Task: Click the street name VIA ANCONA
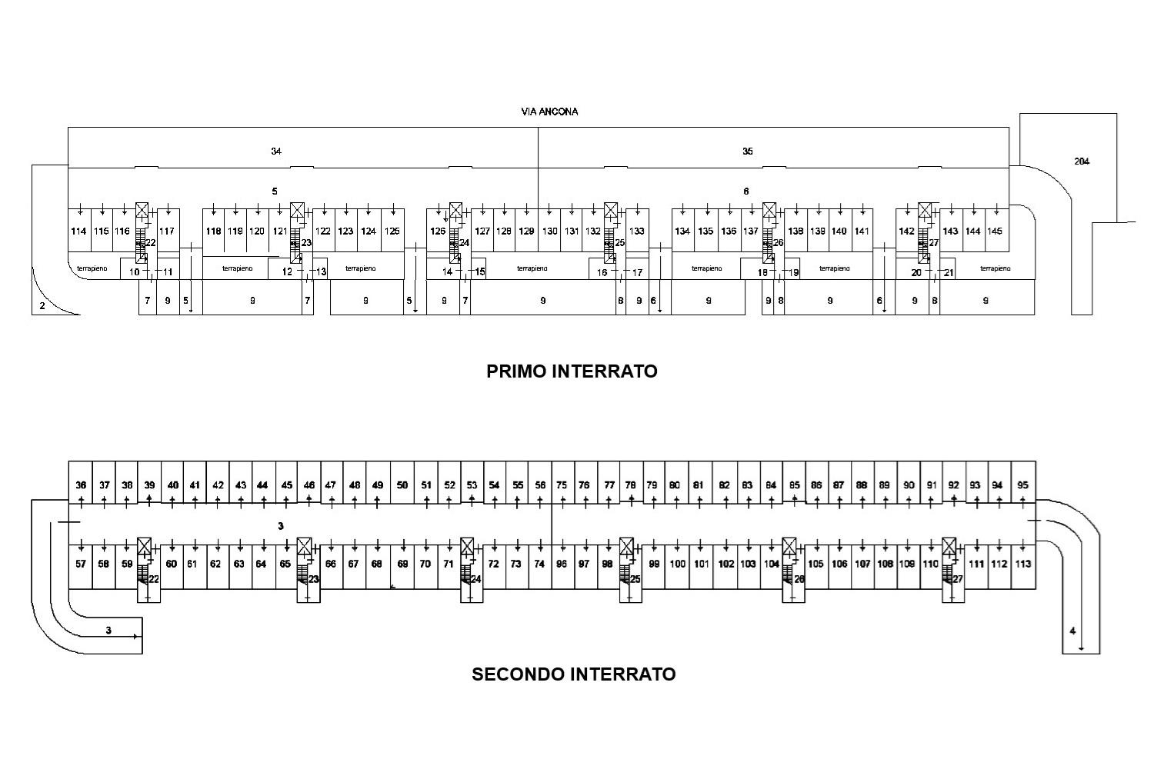point(549,112)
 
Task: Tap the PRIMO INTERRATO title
point(572,371)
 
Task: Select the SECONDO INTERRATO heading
point(573,674)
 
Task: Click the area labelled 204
point(1082,161)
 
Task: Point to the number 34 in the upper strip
point(275,151)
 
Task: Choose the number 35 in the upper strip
point(747,151)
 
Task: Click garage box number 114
point(78,231)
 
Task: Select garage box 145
point(995,231)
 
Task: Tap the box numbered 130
point(549,231)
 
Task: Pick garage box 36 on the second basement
point(81,485)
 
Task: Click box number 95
point(1022,485)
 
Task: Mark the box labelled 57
point(81,564)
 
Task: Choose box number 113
point(1022,564)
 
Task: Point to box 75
point(562,485)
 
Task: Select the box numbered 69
point(402,564)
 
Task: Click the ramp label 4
point(1072,631)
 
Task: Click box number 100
point(677,564)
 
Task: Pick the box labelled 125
point(392,231)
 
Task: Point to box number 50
point(402,485)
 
